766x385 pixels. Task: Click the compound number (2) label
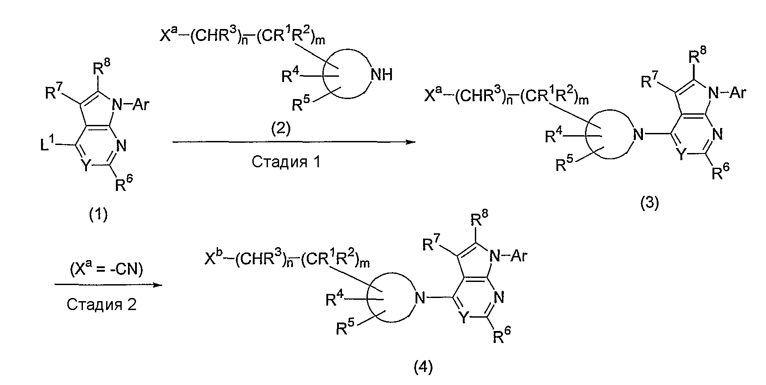[280, 129]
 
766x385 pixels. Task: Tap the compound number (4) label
[423, 368]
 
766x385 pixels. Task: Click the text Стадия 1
[286, 161]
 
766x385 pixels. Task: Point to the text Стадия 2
[102, 304]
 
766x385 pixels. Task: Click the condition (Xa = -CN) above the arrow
[107, 269]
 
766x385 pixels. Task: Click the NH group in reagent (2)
[381, 75]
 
